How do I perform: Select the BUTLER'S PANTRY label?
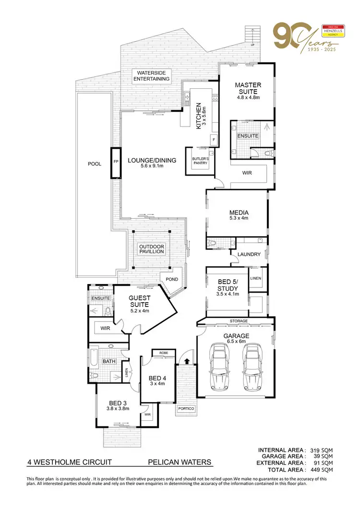click(x=201, y=160)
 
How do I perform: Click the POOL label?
click(x=94, y=164)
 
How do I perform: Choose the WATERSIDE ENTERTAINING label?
click(x=151, y=75)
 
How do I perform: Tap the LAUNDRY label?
click(x=249, y=254)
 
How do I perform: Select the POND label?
click(x=172, y=279)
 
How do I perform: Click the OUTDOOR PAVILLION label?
click(x=152, y=249)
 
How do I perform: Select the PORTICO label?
click(x=185, y=409)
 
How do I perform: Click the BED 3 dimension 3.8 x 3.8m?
click(x=119, y=409)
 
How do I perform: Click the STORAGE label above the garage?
click(x=239, y=320)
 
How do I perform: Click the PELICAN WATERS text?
click(x=179, y=462)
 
